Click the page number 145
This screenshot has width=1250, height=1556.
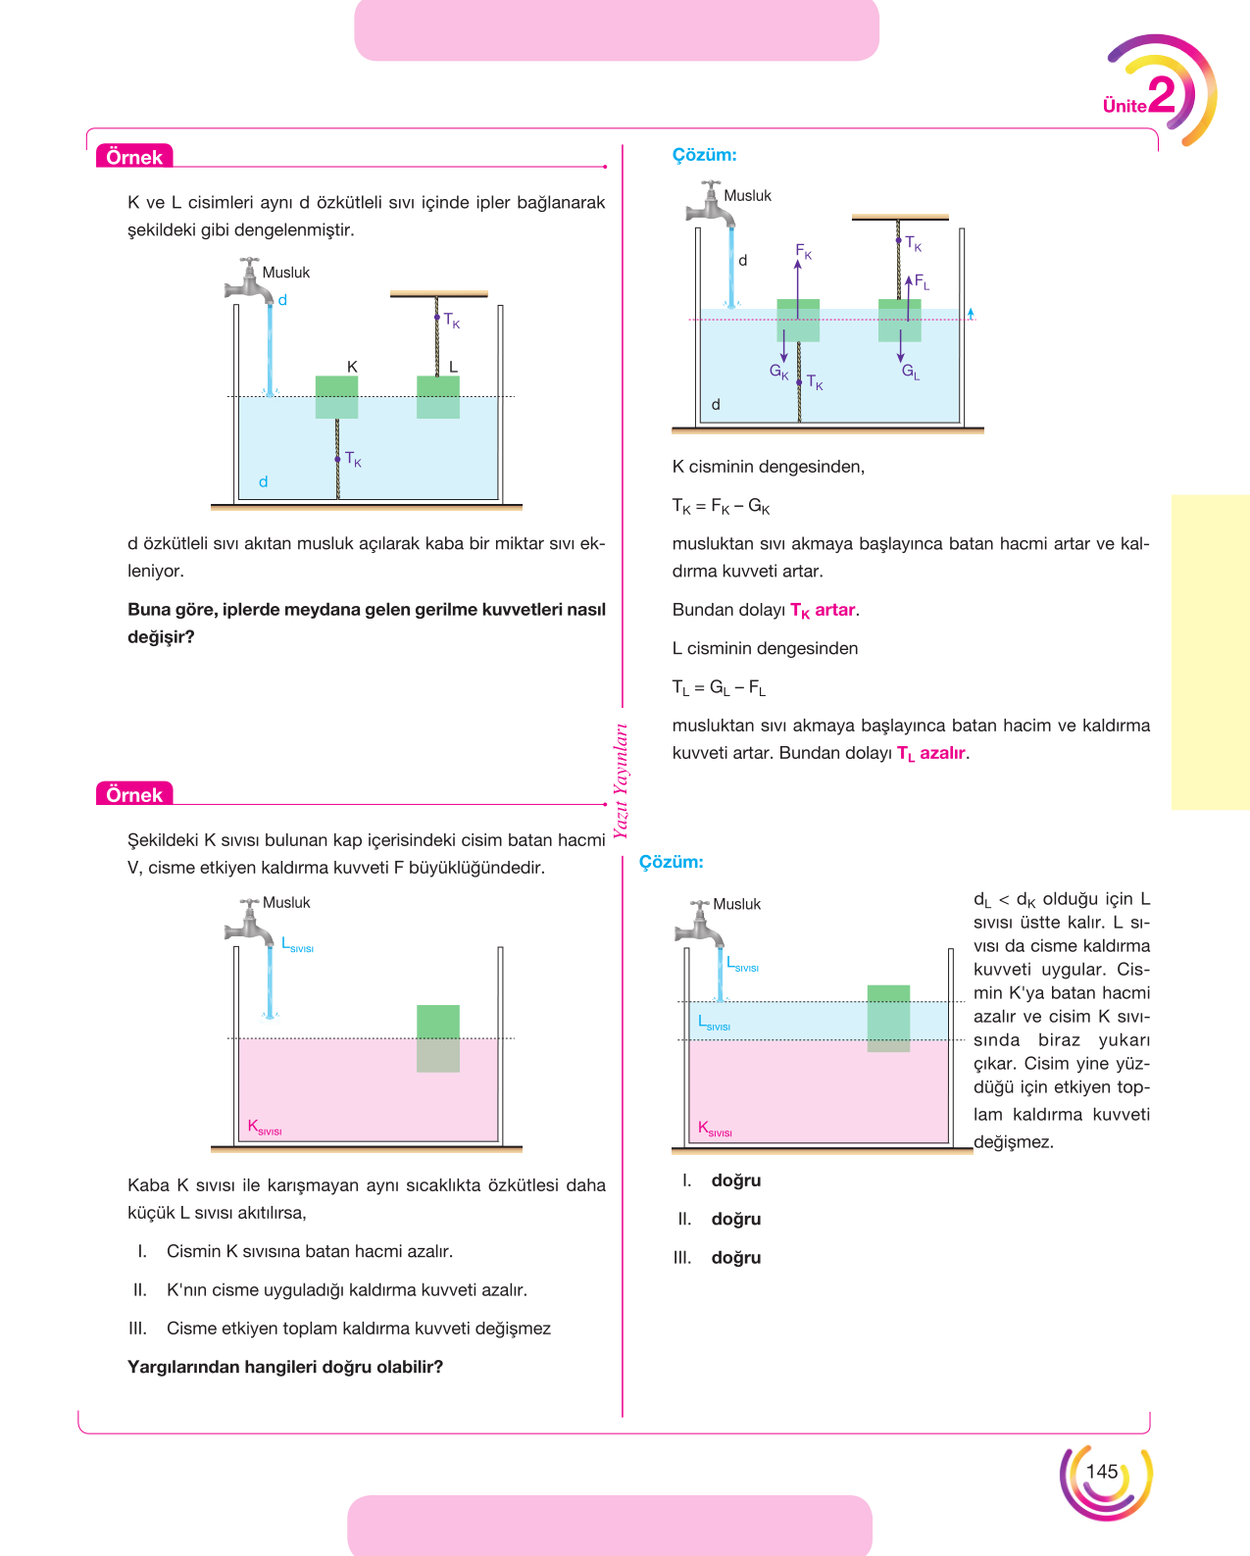(1102, 1472)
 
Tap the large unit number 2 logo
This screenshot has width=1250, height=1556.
(1162, 95)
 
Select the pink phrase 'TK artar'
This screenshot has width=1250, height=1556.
(823, 610)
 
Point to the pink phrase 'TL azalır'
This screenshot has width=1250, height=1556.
(931, 753)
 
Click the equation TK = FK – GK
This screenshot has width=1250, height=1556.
(721, 506)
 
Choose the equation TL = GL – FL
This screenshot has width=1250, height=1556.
(719, 687)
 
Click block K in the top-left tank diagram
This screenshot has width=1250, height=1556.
(337, 397)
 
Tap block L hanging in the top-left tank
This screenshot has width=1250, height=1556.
(438, 397)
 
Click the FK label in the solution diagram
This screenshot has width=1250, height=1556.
(803, 251)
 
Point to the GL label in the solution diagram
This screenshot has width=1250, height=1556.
(910, 373)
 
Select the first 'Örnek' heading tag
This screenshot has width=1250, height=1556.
(134, 156)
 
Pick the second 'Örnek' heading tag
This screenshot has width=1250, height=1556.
(134, 794)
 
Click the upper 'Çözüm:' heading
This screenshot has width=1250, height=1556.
(704, 155)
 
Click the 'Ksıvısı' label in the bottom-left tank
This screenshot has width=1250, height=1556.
(265, 1128)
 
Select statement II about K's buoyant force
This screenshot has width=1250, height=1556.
(329, 1290)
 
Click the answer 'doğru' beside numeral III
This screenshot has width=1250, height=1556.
(736, 1257)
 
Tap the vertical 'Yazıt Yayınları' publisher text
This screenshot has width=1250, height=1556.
(621, 780)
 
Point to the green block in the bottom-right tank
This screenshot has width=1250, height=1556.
(888, 1018)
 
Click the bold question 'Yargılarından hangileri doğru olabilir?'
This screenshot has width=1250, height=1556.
(285, 1367)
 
